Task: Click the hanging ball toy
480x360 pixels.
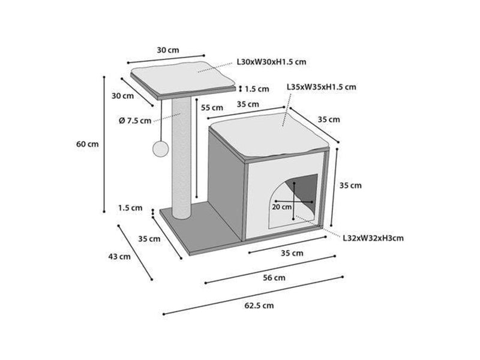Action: pos(160,149)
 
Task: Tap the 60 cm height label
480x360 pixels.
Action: pos(88,144)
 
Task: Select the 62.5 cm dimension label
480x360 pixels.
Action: pos(259,305)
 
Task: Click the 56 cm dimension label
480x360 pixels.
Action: pos(274,278)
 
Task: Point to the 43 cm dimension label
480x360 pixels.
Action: pos(119,257)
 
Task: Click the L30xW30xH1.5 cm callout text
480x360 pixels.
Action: pos(272,62)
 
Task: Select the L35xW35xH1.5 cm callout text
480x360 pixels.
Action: pos(322,87)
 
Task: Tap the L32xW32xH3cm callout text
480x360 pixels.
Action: pos(373,238)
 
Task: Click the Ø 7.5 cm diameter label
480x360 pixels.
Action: pos(135,121)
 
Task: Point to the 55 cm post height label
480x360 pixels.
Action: pos(212,108)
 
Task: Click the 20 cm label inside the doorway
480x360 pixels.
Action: pos(281,207)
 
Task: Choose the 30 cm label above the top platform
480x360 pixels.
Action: pos(168,50)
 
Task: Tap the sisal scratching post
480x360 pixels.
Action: pos(181,158)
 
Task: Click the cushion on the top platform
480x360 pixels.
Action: pos(182,78)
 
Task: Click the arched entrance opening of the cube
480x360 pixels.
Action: pos(293,202)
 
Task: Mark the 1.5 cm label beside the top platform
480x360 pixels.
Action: pos(257,89)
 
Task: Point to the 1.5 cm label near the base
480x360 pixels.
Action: pos(130,208)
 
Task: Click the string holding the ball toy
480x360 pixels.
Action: pos(161,121)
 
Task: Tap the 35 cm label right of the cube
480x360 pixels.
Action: pos(350,185)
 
